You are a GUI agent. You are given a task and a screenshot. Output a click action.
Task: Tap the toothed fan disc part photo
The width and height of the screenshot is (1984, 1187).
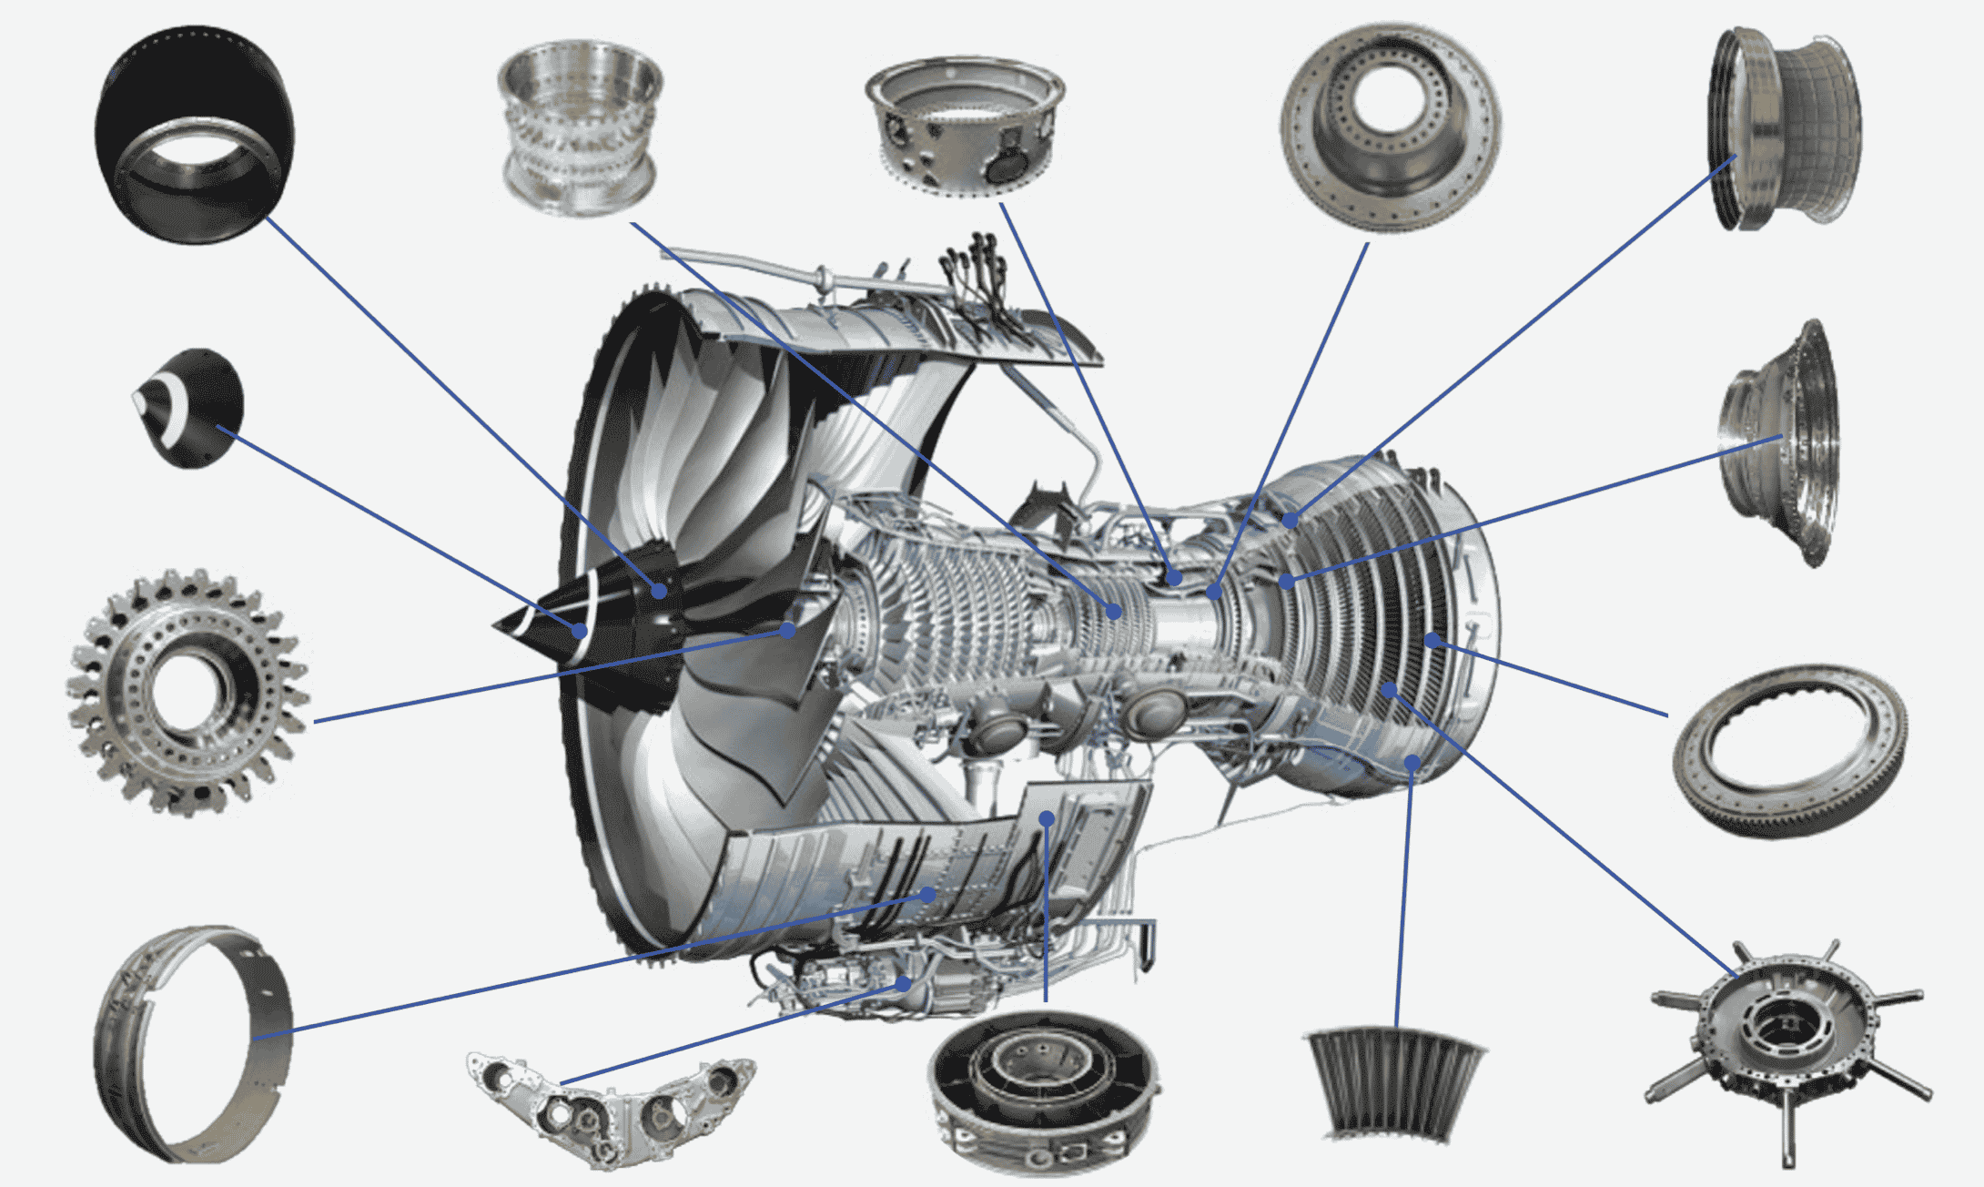click(187, 692)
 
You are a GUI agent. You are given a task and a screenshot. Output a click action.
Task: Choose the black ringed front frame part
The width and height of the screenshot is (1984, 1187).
click(1044, 1092)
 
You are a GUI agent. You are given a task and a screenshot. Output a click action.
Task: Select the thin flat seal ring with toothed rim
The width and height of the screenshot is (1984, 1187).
click(1789, 751)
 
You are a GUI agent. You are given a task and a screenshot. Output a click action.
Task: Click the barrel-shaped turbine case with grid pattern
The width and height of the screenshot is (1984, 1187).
click(1784, 127)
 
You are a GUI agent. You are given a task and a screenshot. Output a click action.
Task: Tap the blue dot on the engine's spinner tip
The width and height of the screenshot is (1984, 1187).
click(580, 630)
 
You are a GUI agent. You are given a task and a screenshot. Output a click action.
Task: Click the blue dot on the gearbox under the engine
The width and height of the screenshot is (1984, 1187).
click(903, 983)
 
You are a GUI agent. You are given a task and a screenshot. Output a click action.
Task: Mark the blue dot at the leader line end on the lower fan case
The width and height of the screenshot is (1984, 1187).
click(927, 895)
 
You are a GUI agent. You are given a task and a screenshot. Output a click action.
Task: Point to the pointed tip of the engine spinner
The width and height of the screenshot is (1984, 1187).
click(495, 625)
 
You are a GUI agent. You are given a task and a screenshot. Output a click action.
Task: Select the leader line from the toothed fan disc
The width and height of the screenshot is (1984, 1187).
click(546, 675)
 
